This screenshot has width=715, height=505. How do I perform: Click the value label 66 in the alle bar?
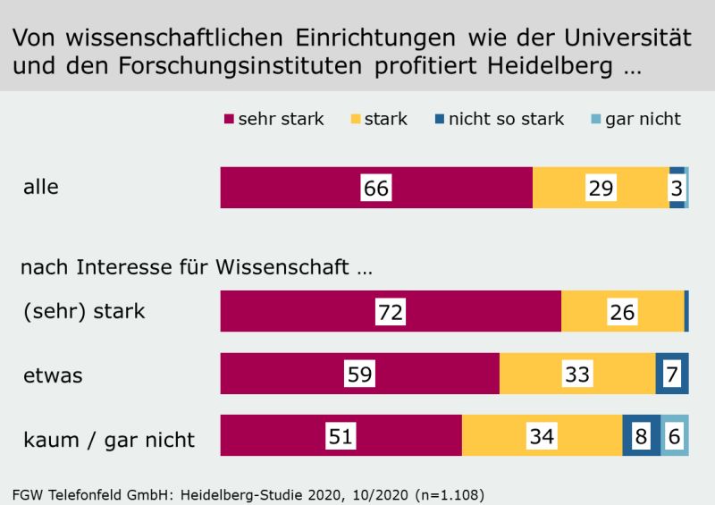coord(376,188)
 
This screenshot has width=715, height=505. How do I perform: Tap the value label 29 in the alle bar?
coord(601,188)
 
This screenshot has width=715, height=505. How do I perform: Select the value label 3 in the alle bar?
coord(677,188)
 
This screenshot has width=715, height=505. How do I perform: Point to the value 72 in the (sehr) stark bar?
coord(391,312)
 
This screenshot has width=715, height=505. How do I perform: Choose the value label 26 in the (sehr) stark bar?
coord(622,312)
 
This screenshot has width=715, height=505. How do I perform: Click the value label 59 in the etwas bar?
coord(359,374)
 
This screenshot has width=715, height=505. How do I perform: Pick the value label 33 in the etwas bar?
coord(577,374)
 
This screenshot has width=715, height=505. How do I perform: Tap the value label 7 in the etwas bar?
coord(672,374)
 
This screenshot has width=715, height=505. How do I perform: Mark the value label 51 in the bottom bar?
coord(341,436)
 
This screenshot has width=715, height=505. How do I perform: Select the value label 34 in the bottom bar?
coord(542,436)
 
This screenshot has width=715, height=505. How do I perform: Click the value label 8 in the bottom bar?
coord(642,436)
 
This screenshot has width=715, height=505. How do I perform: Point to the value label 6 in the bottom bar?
coord(675,436)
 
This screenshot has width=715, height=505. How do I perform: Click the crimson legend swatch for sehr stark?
coord(228,119)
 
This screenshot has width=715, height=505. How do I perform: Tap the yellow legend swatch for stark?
coord(354,119)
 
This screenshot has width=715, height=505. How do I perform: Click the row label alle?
coord(40,188)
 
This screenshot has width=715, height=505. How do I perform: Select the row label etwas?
coord(53,375)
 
